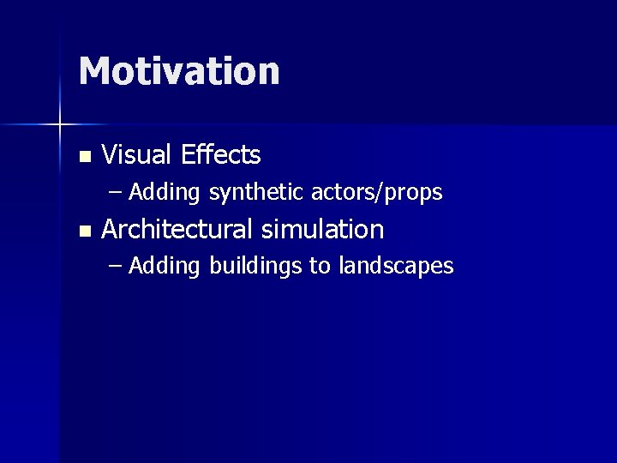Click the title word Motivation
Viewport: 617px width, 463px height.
(179, 71)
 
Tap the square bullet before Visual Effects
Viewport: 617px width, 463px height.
(83, 157)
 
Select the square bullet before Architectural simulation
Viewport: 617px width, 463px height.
(83, 231)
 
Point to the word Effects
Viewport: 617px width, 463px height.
(221, 155)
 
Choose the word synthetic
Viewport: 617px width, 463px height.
(257, 193)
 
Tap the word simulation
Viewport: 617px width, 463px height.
(322, 230)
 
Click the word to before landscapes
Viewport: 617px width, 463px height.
(320, 267)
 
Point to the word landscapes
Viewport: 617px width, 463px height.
(396, 267)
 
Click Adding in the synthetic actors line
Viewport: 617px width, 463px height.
(165, 193)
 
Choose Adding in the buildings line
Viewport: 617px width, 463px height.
(165, 267)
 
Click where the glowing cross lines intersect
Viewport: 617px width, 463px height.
(60, 125)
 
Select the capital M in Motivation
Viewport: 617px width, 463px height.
(96, 71)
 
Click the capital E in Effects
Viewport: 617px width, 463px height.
(189, 155)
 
